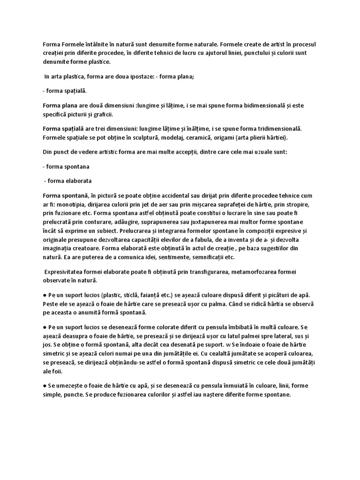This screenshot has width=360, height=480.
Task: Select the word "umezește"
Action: [x=72, y=385]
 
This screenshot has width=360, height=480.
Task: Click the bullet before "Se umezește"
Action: [x=44, y=385]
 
